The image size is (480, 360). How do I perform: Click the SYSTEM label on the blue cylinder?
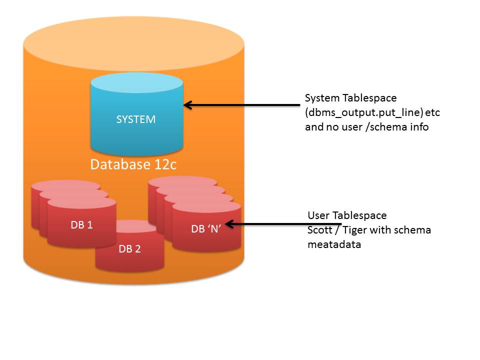[x=136, y=119]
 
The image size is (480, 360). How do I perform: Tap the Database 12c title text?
[x=133, y=164]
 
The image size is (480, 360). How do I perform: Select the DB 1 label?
[x=81, y=225]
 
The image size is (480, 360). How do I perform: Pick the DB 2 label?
[x=129, y=249]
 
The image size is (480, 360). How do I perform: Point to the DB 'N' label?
[x=206, y=228]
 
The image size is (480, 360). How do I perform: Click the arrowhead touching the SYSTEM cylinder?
[x=187, y=105]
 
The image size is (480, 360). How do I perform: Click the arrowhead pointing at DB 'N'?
[x=229, y=224]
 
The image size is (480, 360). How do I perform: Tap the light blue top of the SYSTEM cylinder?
[x=137, y=82]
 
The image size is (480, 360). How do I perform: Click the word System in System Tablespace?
[x=322, y=98]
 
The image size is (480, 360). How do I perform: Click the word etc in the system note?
[x=432, y=112]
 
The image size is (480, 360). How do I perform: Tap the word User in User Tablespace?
[x=318, y=215]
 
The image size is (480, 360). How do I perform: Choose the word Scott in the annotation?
[x=319, y=230]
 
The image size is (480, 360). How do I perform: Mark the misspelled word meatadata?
[x=334, y=244]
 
